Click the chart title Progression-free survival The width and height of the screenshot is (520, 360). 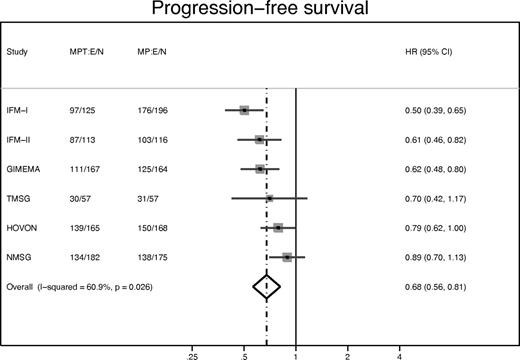click(x=260, y=13)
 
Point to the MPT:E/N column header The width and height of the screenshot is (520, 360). click(x=90, y=51)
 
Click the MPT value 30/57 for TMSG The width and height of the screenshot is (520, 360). click(x=83, y=199)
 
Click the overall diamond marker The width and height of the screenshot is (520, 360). click(x=267, y=287)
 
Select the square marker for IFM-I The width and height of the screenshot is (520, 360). click(x=244, y=110)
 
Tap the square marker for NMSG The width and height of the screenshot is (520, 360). click(x=287, y=258)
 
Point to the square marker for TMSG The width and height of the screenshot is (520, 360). click(x=269, y=199)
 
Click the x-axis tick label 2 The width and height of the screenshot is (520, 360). click(x=347, y=354)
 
